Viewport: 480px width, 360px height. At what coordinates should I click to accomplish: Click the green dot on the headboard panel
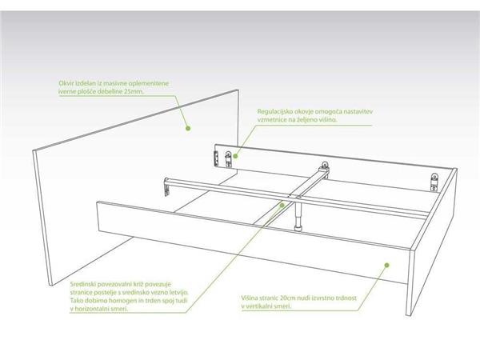tap(188, 128)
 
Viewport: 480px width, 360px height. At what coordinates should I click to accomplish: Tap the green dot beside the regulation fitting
tap(235, 156)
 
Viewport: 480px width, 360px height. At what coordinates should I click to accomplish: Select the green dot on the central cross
tap(282, 205)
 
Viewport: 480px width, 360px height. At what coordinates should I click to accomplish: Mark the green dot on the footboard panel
tap(386, 265)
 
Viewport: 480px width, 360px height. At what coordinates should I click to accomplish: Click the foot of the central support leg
tap(298, 228)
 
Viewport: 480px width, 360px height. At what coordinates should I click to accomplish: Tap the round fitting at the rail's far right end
tap(434, 177)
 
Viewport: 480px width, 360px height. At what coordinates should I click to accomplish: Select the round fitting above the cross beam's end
tap(324, 165)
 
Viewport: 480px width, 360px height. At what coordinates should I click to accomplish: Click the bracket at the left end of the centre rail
tap(166, 186)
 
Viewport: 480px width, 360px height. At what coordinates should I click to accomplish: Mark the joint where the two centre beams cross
tap(297, 196)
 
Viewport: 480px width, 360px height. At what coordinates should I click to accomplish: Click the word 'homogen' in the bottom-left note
tap(124, 300)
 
